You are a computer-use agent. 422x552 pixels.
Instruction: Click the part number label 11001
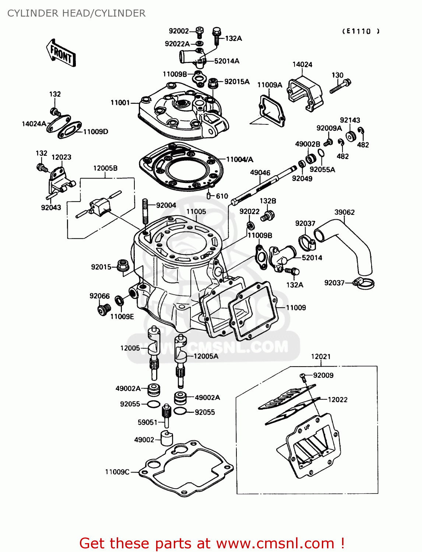point(120,103)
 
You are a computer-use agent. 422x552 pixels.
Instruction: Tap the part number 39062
point(344,212)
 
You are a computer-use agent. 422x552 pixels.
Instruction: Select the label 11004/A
point(239,159)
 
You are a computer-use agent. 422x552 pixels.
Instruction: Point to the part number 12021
point(321,357)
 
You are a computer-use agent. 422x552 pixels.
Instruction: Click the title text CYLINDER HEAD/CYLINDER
point(76,13)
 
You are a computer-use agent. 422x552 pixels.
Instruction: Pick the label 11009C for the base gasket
point(117,472)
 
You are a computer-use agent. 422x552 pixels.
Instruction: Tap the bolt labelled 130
point(341,87)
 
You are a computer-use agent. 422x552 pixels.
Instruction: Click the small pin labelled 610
point(209,195)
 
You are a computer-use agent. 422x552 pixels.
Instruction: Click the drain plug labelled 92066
point(104,309)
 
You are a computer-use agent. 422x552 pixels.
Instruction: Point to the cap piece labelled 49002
point(167,438)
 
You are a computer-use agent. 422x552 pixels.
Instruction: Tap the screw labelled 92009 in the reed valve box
point(303,376)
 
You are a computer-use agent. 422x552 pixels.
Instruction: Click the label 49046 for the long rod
point(260,173)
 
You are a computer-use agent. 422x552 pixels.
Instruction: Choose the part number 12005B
point(105,168)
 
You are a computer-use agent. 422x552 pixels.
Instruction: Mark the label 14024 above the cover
point(302,64)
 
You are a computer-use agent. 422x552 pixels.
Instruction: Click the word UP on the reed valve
point(307,427)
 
